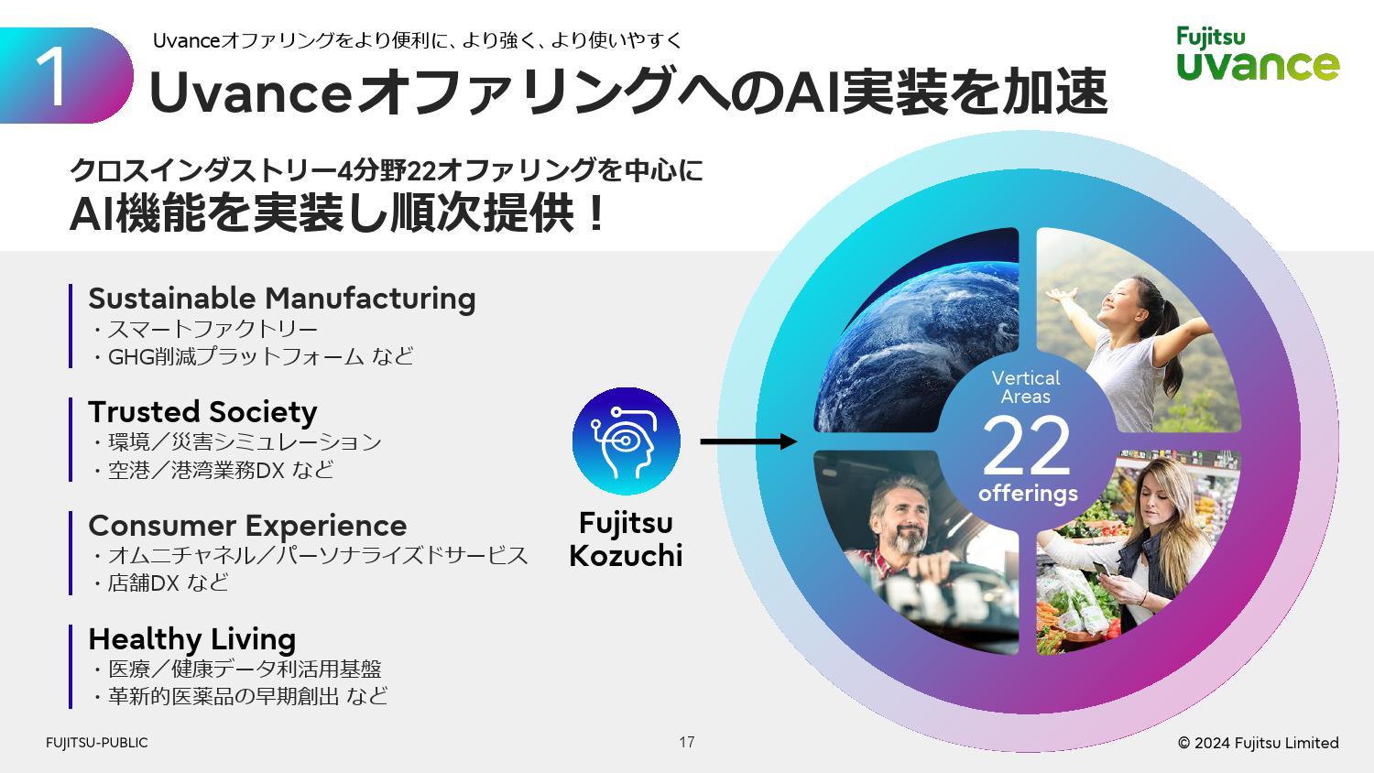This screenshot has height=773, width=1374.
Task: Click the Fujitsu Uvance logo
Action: point(1257,54)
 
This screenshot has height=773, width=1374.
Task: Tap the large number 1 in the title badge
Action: point(53,77)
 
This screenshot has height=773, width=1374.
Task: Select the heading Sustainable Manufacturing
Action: point(281,299)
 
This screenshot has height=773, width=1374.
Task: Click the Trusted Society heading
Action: point(202,412)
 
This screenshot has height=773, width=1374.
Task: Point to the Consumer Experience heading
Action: point(247,526)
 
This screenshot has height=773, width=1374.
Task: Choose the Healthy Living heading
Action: point(191,638)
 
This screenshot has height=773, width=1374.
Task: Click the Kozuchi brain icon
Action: point(626,441)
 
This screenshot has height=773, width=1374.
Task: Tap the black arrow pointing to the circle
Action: point(747,442)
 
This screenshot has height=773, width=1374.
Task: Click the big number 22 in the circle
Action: point(1026,446)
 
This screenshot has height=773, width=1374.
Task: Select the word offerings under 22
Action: point(1028,494)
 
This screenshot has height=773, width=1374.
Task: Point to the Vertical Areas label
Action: point(1026,387)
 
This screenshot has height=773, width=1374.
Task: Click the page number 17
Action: point(687,742)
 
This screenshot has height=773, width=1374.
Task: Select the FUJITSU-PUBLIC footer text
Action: point(96,743)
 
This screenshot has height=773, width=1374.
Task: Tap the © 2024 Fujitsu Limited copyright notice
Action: point(1258,743)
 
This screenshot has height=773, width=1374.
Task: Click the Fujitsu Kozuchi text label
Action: point(626,539)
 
